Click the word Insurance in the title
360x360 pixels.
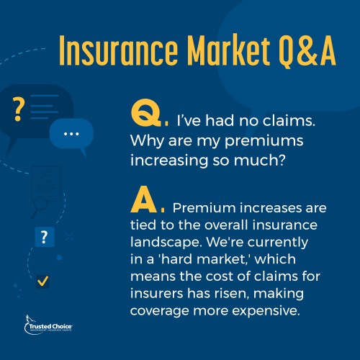119,50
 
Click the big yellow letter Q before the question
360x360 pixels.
146,112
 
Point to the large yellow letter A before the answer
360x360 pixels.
144,199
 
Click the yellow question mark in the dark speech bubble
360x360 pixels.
18,109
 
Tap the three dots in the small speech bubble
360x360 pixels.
71,134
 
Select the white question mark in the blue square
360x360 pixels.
44,237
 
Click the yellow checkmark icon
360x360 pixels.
43,281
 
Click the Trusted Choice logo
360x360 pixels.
48,325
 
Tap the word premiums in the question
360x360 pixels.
264,141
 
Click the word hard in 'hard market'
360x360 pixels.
176,259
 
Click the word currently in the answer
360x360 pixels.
278,243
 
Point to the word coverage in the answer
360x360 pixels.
160,312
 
